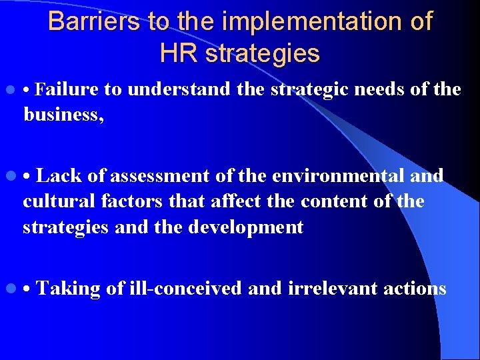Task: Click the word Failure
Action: pos(67,89)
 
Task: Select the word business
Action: pos(63,115)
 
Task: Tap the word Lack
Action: pos(59,176)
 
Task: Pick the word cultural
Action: pos(59,201)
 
